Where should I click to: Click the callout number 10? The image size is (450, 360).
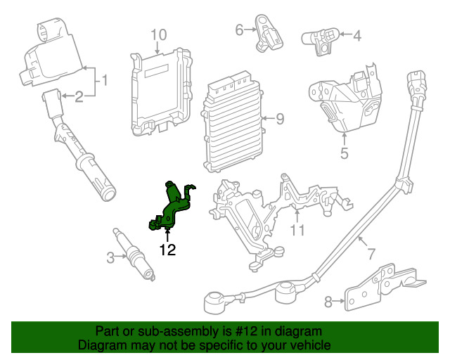click(x=158, y=34)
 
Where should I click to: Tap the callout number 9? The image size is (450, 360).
click(x=279, y=119)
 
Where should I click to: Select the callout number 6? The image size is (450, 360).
click(x=239, y=30)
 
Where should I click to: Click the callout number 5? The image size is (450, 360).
click(x=345, y=150)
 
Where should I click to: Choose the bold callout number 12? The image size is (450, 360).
click(x=167, y=249)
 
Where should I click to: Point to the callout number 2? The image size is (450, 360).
click(x=79, y=96)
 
